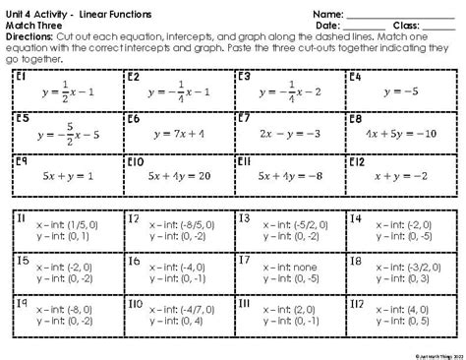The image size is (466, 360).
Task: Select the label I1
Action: click(22, 218)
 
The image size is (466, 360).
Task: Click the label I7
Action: click(245, 261)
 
